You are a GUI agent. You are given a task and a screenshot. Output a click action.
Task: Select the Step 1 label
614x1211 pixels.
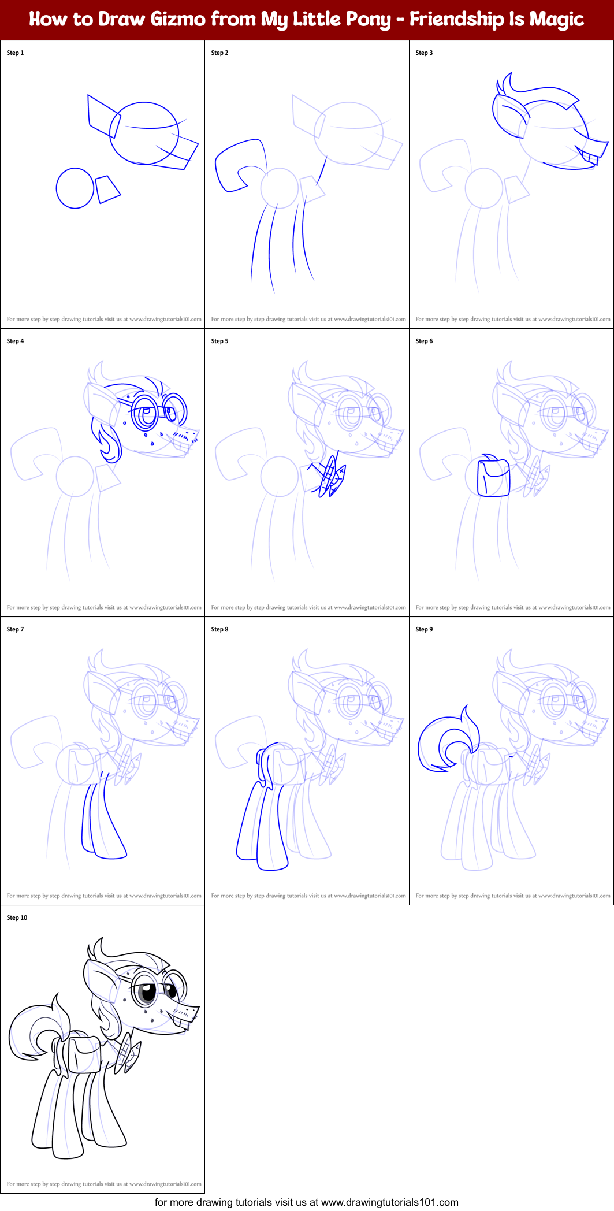(15, 53)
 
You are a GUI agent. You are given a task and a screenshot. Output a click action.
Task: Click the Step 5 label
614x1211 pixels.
(219, 341)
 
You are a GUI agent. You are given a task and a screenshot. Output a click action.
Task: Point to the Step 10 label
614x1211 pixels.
(17, 917)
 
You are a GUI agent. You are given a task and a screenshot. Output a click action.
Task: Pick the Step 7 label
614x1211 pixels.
(15, 629)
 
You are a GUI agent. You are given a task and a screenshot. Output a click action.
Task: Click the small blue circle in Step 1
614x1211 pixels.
(75, 188)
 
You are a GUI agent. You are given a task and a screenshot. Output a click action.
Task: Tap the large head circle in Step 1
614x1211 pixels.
(144, 133)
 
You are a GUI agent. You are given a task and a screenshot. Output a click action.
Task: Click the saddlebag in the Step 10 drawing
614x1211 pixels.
(84, 1053)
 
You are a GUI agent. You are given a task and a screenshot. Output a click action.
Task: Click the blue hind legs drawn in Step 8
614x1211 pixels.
(260, 820)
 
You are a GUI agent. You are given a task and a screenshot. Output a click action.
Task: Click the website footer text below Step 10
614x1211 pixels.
(306, 1202)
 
